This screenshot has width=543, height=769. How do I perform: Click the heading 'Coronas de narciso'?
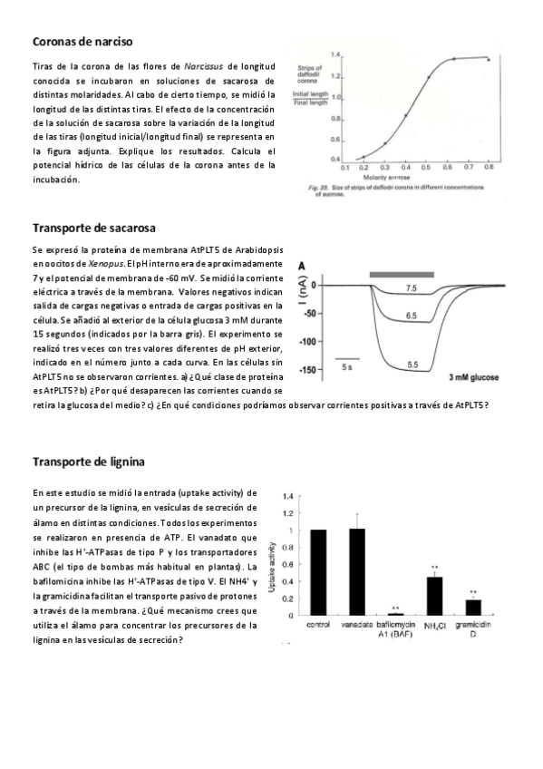(82, 42)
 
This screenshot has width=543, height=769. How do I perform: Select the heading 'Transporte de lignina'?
(88, 462)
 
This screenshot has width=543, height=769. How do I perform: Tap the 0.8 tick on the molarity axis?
(489, 168)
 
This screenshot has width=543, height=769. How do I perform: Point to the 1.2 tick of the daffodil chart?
(335, 75)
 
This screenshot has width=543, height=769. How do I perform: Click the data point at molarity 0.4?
(405, 116)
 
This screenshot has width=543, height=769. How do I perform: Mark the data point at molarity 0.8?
(489, 60)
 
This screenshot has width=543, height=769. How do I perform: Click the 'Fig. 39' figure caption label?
(310, 185)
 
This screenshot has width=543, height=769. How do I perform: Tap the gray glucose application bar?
(402, 273)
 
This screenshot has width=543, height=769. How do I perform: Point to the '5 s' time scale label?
(346, 367)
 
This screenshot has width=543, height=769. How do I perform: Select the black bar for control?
(317, 572)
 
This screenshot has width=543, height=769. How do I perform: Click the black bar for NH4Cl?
(434, 596)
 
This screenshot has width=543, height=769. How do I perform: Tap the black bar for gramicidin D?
(473, 608)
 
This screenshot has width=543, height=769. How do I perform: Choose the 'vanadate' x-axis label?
(356, 626)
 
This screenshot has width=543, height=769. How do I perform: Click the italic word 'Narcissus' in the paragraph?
(204, 67)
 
